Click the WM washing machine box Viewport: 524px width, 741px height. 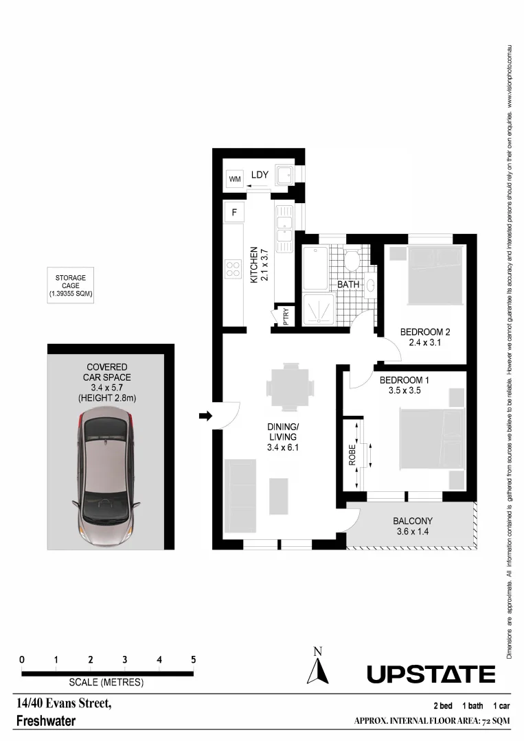235,180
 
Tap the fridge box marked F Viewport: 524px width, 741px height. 235,213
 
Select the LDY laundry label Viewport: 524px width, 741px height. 259,176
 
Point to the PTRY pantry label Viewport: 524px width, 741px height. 286,316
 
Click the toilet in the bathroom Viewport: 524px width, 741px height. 353,260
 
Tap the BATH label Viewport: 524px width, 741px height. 348,284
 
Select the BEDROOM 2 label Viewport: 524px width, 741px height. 424,333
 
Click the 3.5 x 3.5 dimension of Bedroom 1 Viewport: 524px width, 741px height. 403,391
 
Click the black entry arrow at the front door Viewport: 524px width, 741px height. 205,415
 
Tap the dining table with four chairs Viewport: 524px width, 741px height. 291,388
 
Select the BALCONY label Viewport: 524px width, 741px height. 412,521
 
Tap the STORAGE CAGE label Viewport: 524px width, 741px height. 71,285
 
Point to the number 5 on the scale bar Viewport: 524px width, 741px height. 194,659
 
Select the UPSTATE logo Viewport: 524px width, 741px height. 431,674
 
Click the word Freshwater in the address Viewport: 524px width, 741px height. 45,721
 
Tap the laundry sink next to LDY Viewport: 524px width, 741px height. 284,176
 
